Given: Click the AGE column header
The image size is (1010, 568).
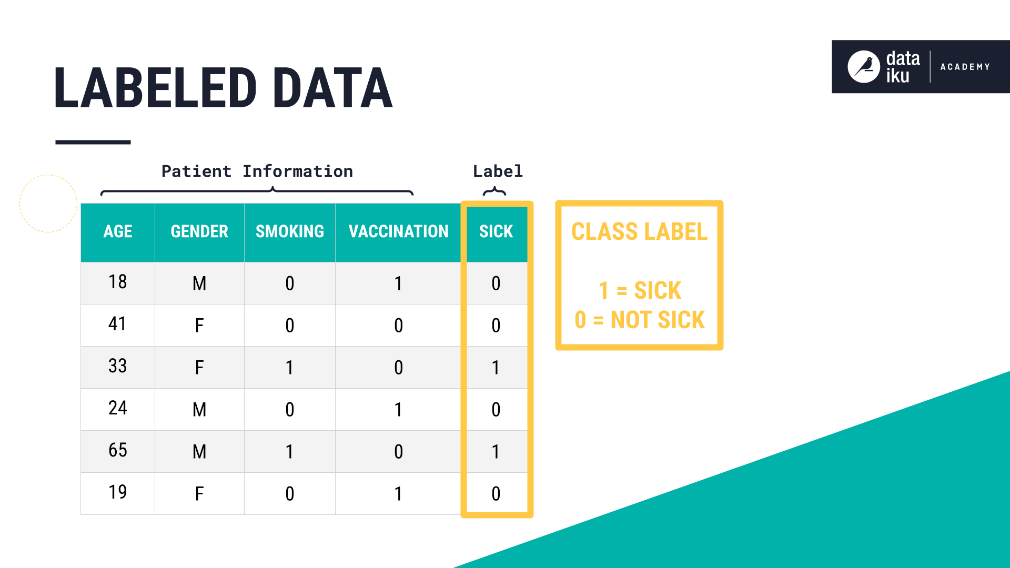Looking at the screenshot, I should coord(118,231).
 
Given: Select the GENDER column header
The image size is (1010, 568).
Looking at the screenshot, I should coord(199,231).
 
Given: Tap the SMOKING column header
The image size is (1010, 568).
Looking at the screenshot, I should coord(290,231).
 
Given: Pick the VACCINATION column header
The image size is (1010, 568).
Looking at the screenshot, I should coord(398,231).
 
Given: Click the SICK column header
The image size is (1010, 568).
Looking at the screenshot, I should coord(496,231).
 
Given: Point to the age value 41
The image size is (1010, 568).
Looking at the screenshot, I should coord(118,324).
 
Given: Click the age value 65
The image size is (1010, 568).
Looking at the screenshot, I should coord(118,450).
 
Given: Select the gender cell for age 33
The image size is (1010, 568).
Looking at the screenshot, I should coord(199,367).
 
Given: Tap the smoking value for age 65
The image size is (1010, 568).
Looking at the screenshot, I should coord(290,451).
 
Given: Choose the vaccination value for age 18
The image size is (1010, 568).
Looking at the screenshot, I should coord(398,283).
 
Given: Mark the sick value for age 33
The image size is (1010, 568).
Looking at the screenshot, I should coord(496,367).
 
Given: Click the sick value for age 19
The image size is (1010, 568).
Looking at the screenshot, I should coord(496,493).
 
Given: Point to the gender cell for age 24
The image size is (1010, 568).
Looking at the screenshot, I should coord(199,409).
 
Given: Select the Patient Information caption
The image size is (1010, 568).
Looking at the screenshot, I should coord(257,171).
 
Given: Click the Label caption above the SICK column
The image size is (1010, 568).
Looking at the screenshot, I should coord(498,171).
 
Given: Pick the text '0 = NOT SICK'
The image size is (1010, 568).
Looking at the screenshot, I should coord(640,320).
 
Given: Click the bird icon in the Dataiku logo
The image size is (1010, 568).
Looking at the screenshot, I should coord(864,67).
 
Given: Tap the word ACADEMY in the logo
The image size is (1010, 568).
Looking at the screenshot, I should coord(965,67).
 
